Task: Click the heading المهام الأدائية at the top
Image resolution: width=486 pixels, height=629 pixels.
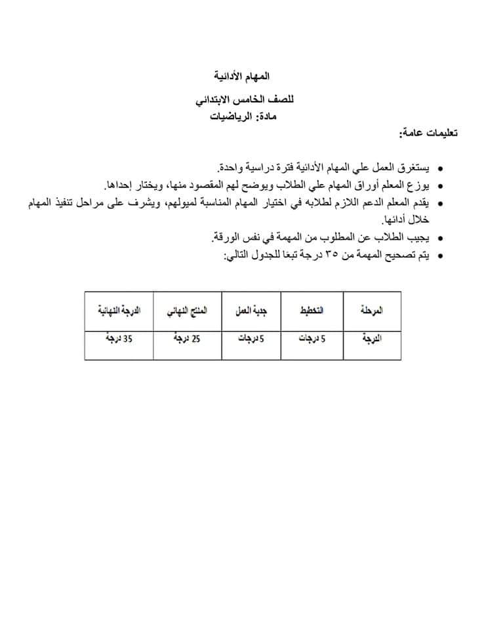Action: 242,77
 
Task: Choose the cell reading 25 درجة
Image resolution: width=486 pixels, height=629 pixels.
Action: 188,339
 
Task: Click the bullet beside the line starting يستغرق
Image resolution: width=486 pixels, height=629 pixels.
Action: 440,169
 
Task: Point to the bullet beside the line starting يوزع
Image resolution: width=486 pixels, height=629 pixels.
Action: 440,186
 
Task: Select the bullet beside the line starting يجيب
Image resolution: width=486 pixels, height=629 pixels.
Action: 440,238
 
